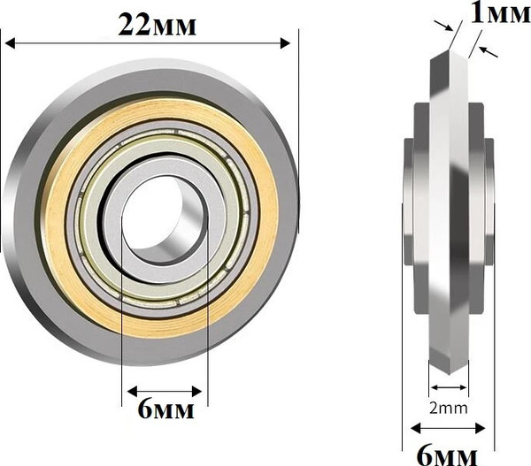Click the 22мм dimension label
(x=157, y=26)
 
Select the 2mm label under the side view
(x=449, y=409)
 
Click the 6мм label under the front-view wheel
(x=166, y=409)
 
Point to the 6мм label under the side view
(x=447, y=455)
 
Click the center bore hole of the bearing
(x=165, y=219)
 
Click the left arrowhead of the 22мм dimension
(x=10, y=43)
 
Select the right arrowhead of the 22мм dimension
(x=286, y=43)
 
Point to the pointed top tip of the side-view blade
(x=449, y=50)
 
